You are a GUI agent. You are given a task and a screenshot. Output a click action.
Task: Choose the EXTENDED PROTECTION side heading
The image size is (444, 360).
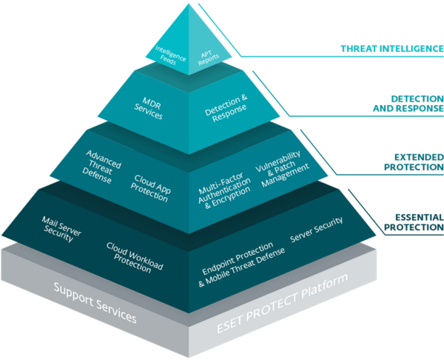(x=407, y=162)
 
